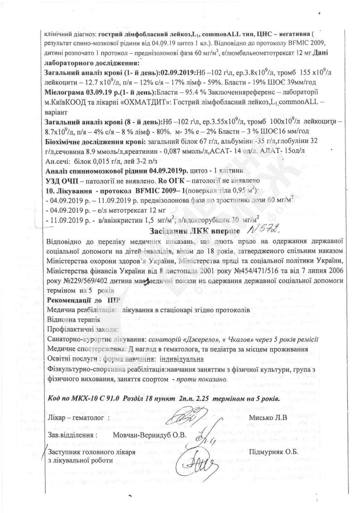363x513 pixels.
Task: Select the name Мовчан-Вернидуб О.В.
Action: (150, 435)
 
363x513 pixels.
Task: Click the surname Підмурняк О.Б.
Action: (273, 452)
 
